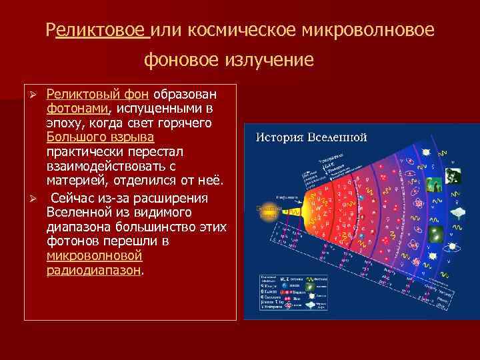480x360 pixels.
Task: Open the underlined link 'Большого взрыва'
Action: [100, 137]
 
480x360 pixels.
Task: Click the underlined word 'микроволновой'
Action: [95, 257]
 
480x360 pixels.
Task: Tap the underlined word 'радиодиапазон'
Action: [94, 271]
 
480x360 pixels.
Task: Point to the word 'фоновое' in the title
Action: [184, 61]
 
